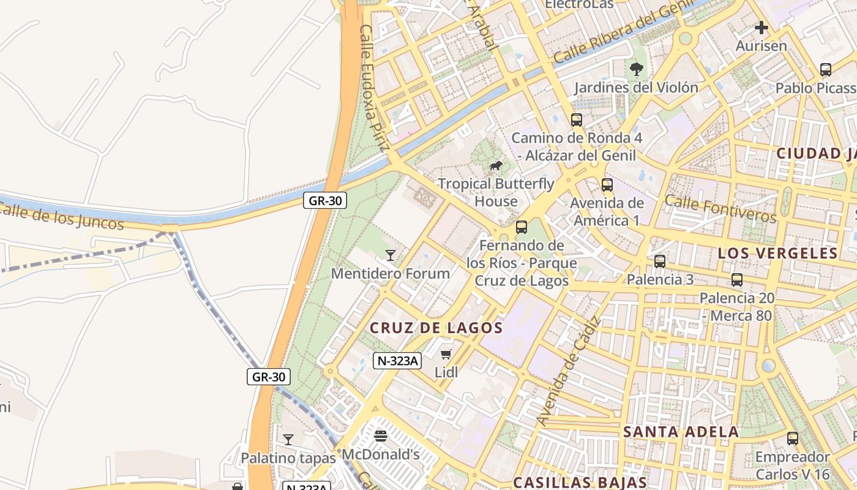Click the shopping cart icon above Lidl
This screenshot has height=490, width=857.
pos(446,354)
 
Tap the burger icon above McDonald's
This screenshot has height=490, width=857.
pos(381,436)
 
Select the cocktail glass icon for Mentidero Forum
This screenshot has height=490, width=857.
pos(391,255)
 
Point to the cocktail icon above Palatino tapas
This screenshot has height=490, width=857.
pos(288,439)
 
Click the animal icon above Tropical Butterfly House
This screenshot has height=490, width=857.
pos(496,166)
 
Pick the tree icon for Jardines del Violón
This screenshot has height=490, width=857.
pos(637,69)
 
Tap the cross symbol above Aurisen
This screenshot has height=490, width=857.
pos(762,28)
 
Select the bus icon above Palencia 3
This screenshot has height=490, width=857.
pos(660,262)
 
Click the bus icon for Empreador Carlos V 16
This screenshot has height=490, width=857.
pos(793,439)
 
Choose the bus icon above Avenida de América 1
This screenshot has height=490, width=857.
pos(607,184)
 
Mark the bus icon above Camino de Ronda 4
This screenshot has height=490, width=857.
pos(577,120)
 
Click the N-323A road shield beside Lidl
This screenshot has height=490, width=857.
pos(397,361)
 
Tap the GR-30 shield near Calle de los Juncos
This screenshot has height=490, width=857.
pos(325,200)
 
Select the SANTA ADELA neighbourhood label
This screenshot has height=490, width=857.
pos(681,432)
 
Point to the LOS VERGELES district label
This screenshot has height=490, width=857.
pos(777,254)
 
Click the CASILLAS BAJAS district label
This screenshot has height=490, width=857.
pos(580,483)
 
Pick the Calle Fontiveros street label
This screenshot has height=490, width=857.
pos(720,209)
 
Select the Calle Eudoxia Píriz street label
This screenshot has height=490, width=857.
pos(374,88)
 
